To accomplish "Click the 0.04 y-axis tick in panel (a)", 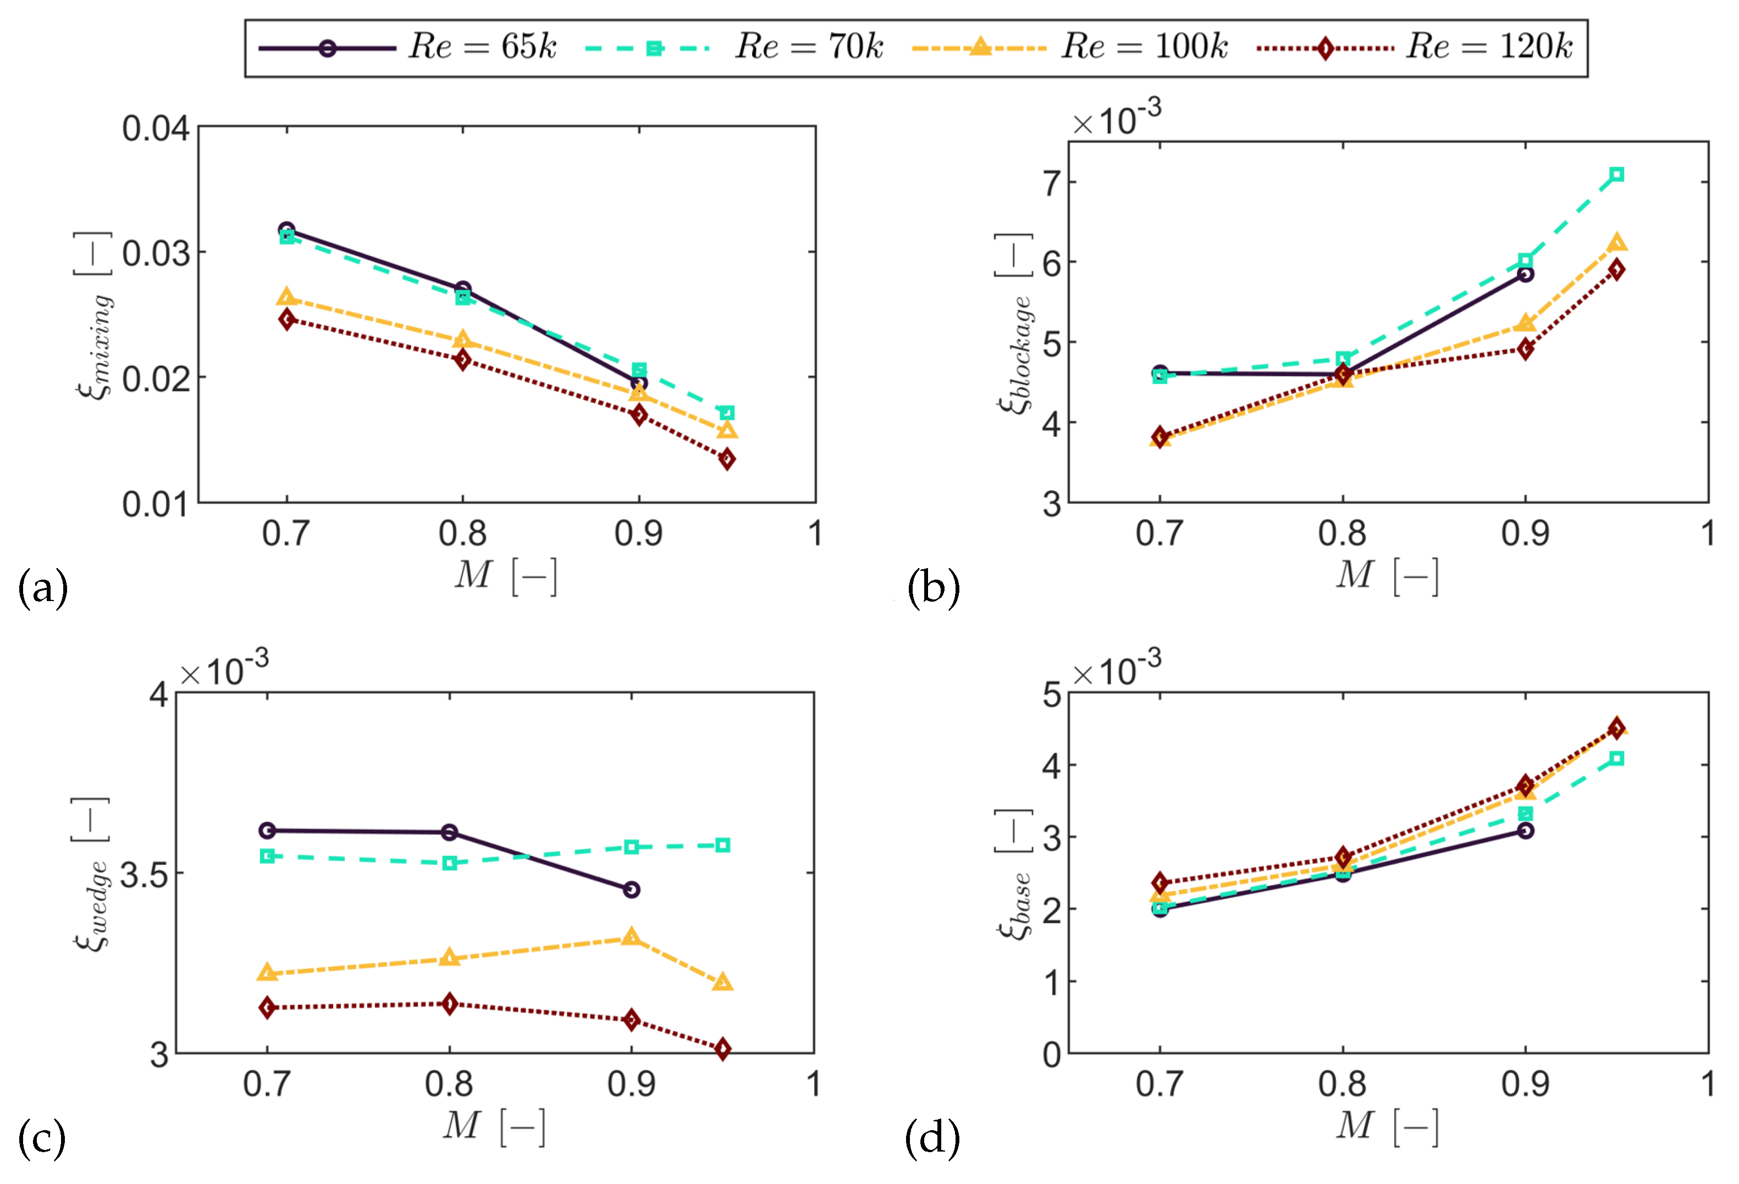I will [156, 129].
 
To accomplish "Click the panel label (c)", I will [42, 1138].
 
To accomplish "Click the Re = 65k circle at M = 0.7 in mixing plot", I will [286, 230].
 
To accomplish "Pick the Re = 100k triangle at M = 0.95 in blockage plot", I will [1616, 242].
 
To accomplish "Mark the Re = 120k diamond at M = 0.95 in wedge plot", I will [722, 1049].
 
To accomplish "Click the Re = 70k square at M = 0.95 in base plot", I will [1616, 758].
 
